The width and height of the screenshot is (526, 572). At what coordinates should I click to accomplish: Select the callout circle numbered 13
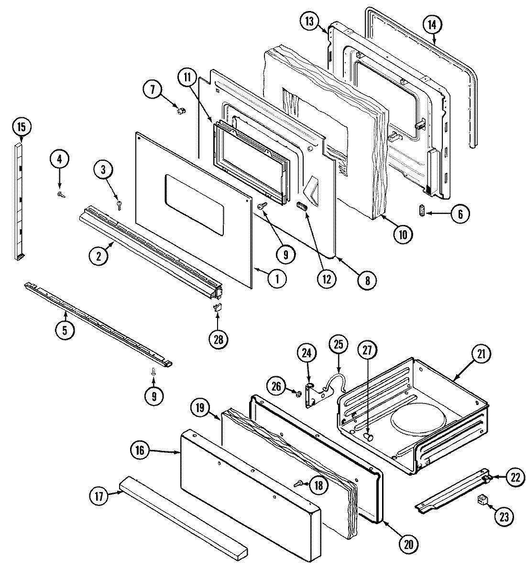coord(309,22)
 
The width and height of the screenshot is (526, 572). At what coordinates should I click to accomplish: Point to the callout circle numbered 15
coord(21,127)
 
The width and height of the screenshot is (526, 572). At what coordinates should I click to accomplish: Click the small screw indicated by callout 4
coord(60,194)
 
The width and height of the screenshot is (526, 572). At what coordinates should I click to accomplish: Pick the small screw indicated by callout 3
coord(119,205)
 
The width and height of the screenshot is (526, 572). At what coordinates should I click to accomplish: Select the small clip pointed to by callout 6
coord(421,211)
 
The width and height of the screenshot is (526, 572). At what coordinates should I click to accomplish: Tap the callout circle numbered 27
coord(367,349)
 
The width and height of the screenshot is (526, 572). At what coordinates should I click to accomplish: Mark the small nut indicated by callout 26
coord(297,394)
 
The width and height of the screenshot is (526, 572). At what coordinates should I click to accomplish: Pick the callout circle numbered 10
coord(403,234)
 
